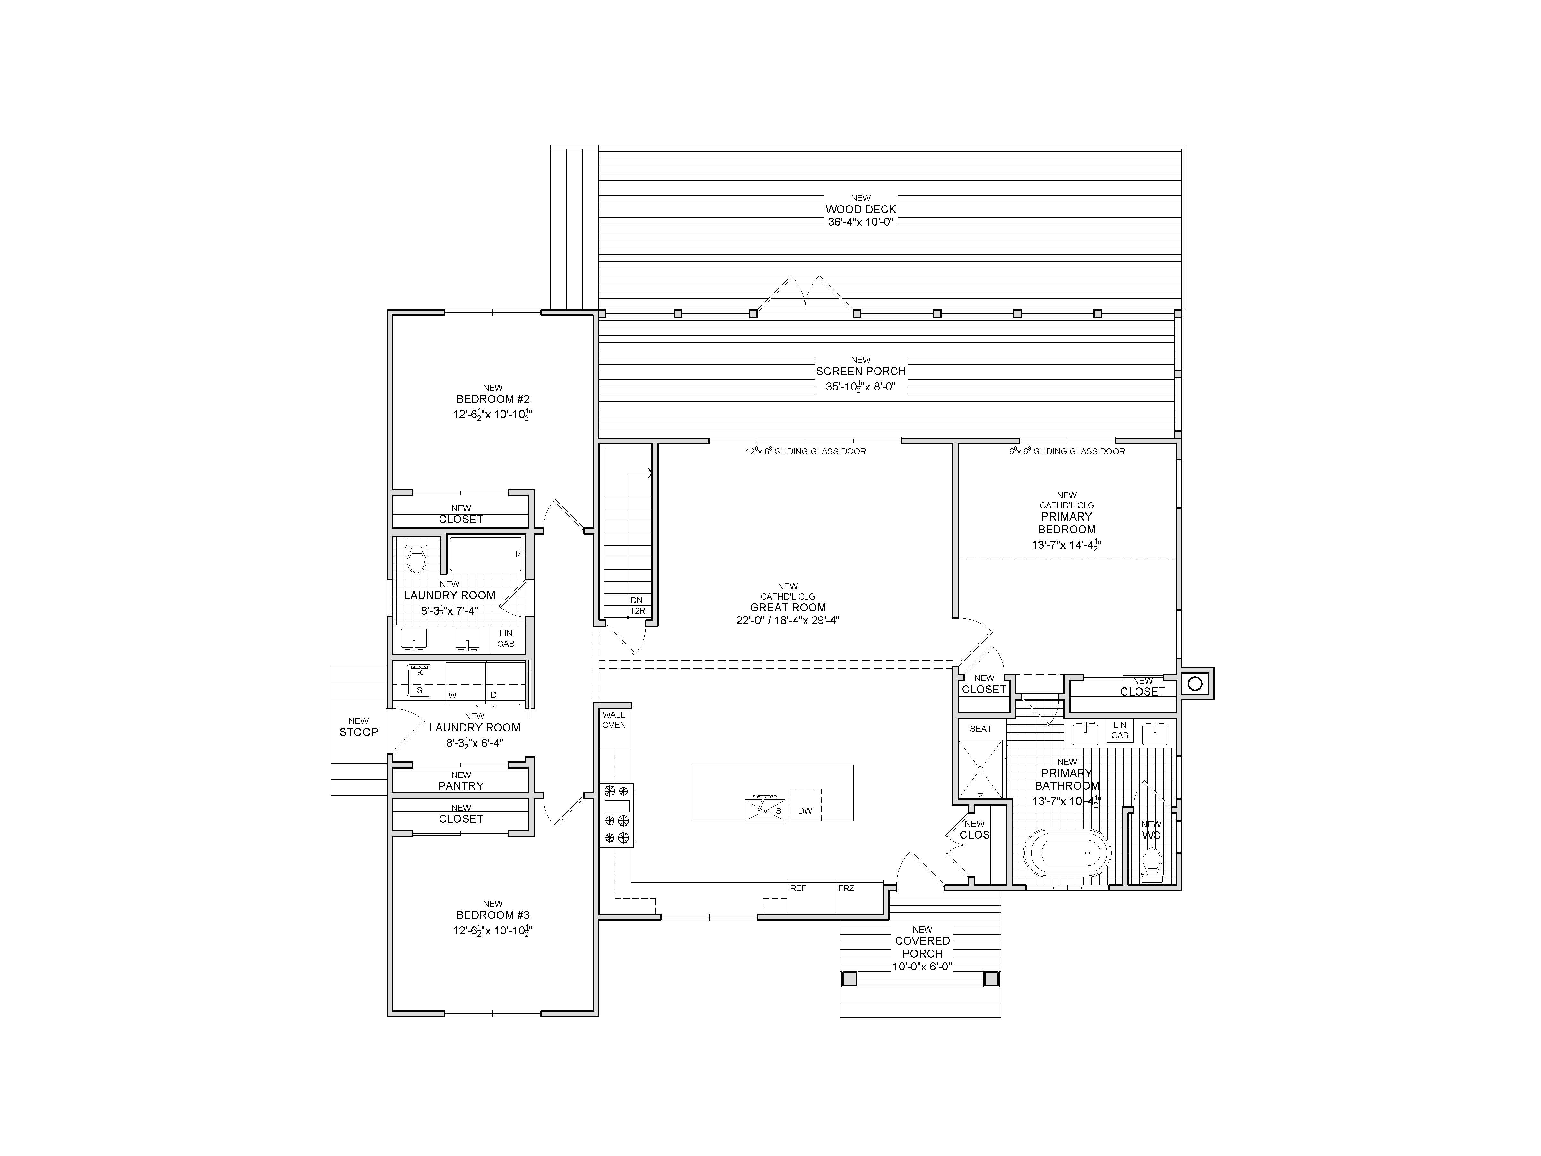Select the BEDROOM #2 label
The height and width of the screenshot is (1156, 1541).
pos(492,399)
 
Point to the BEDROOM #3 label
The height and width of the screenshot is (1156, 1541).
pos(492,915)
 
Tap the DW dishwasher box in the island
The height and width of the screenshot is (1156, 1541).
pos(805,805)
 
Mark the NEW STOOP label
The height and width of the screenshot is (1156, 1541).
pos(359,727)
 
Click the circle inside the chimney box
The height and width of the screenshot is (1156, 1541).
pos(1195,684)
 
